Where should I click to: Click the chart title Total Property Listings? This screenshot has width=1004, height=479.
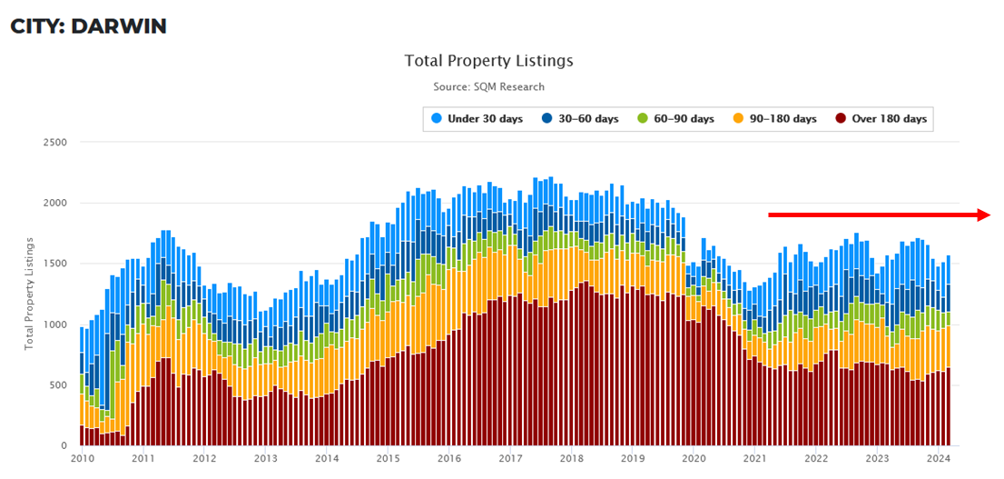[488, 61]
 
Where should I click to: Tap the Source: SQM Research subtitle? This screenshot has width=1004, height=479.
[488, 86]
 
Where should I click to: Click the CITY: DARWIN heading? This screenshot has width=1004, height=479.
[88, 26]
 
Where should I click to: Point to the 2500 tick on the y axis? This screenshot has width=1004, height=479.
[55, 143]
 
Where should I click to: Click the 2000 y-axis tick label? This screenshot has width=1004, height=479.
[55, 203]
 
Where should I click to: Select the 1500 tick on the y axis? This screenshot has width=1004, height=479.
[55, 264]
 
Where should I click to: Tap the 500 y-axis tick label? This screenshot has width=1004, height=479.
[59, 385]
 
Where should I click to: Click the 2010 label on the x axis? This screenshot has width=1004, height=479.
[81, 459]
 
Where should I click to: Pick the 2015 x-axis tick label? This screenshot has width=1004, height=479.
[388, 459]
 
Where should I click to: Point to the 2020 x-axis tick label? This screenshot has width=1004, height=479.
[694, 459]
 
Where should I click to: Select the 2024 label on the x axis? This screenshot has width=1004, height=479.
[939, 459]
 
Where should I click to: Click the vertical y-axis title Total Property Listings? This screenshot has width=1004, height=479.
[29, 294]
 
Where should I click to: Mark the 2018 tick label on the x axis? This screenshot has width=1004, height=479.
[571, 459]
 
